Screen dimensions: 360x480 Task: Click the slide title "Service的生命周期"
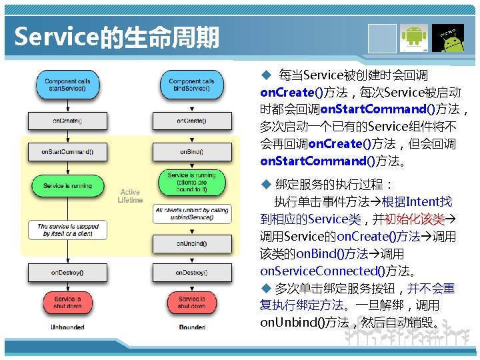pyautogui.click(x=117, y=37)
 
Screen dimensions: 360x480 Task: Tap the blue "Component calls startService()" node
pyautogui.click(x=67, y=85)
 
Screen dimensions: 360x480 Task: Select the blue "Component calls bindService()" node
pyautogui.click(x=191, y=85)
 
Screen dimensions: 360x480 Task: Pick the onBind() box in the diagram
pyautogui.click(x=191, y=151)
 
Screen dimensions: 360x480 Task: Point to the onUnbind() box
pyautogui.click(x=191, y=244)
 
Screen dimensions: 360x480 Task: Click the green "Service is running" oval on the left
pyautogui.click(x=67, y=185)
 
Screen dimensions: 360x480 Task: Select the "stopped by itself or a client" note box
pyautogui.click(x=67, y=231)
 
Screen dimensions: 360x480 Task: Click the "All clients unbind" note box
pyautogui.click(x=191, y=214)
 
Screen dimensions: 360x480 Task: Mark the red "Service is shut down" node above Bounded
pyautogui.click(x=191, y=302)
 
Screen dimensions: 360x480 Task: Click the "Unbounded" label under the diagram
pyautogui.click(x=67, y=327)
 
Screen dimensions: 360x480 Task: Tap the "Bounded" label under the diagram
pyautogui.click(x=192, y=327)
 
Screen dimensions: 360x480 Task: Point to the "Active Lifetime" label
pyautogui.click(x=130, y=196)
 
